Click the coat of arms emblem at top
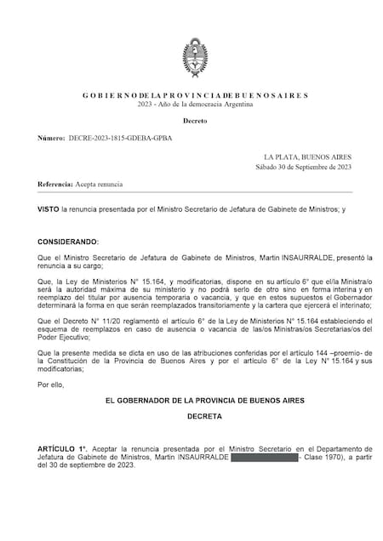pyautogui.click(x=195, y=56)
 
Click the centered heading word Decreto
pyautogui.click(x=195, y=122)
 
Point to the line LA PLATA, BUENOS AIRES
pyautogui.click(x=307, y=157)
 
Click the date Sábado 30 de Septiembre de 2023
pyautogui.click(x=303, y=167)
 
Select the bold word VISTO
pyautogui.click(x=49, y=208)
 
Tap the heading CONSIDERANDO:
pyautogui.click(x=68, y=242)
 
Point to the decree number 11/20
pyautogui.click(x=112, y=320)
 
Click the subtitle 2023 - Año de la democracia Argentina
pyautogui.click(x=195, y=104)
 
